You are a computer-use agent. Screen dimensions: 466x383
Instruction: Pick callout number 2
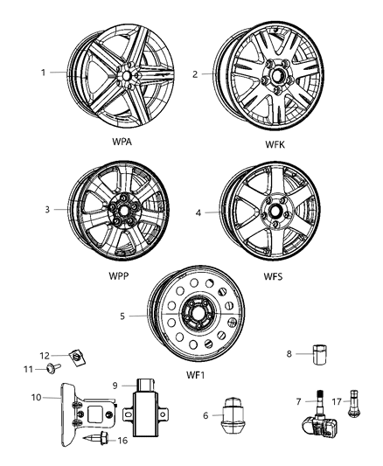pos(196,73)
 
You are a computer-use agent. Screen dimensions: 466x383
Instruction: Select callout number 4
pos(198,211)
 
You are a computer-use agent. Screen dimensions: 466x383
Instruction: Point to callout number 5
pos(123,316)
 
